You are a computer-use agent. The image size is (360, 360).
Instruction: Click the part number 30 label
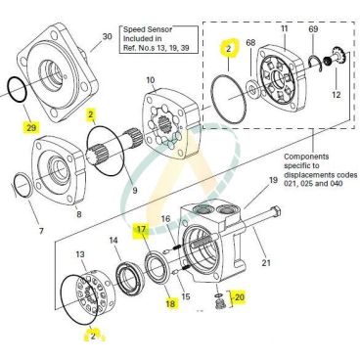(108, 36)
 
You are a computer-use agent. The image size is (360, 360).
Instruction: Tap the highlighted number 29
(31, 128)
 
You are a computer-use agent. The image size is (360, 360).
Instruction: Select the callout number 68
(250, 43)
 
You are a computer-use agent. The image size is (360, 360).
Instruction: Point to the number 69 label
(313, 29)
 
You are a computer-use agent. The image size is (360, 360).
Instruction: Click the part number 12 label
(337, 95)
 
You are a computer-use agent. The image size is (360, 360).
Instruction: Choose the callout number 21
(266, 262)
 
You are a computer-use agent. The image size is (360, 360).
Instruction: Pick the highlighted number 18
(170, 303)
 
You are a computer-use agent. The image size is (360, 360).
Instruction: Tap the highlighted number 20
(240, 297)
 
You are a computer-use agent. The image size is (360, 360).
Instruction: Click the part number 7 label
(41, 231)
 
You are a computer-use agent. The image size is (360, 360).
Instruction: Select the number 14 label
(113, 241)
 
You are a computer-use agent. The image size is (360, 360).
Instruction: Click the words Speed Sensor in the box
(148, 29)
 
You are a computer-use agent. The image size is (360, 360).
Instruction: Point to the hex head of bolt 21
(276, 210)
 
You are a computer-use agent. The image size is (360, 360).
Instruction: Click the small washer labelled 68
(252, 88)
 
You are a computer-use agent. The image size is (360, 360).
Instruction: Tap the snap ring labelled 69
(315, 62)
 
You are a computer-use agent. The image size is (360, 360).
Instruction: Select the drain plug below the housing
(220, 301)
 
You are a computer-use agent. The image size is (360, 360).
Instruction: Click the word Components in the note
(306, 157)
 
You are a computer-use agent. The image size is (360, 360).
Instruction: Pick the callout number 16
(166, 218)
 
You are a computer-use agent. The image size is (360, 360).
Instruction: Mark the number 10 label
(151, 80)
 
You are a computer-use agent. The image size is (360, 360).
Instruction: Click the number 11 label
(285, 28)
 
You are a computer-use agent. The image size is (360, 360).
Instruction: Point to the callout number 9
(135, 190)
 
